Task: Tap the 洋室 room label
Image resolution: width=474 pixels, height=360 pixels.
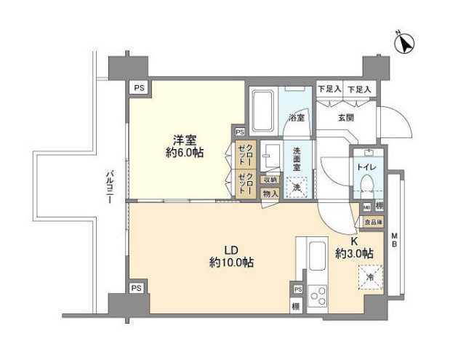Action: pos(183,140)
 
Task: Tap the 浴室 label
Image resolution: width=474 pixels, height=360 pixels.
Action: pos(296,116)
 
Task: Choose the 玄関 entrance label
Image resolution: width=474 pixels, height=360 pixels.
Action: pos(345,116)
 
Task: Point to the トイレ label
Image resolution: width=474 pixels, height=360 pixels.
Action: pos(365,166)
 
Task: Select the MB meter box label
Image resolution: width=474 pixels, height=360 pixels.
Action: pos(394,239)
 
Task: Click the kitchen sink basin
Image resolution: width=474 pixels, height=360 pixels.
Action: pos(318,257)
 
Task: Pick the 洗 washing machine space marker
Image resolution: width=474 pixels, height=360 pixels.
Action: pos(297,187)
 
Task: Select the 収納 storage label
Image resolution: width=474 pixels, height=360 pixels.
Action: pos(270,180)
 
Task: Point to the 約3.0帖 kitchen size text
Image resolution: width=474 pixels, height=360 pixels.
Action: pos(354,254)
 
